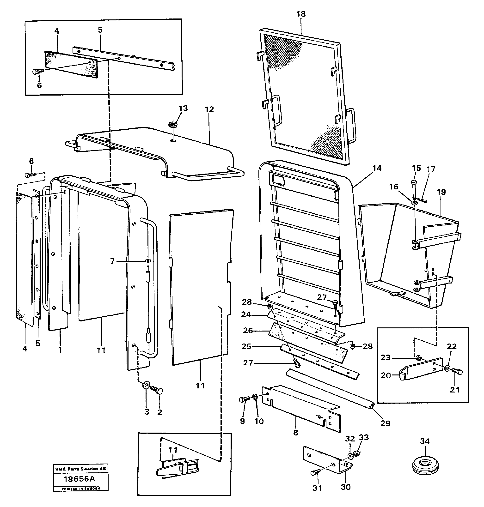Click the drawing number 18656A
click(80, 479)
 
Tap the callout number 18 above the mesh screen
click(301, 14)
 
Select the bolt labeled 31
click(316, 472)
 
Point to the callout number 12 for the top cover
click(209, 110)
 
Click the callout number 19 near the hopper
click(441, 192)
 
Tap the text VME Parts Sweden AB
click(80, 469)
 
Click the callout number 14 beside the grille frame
click(377, 168)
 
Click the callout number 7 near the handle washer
click(112, 261)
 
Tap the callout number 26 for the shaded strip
click(248, 331)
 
